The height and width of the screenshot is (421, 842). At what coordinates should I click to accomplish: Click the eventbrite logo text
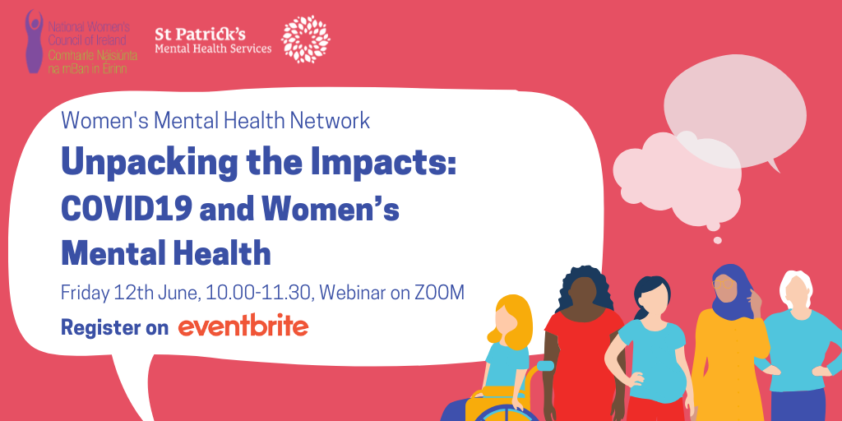[x=243, y=327]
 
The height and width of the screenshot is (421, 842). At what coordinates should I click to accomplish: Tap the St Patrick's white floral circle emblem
[x=306, y=39]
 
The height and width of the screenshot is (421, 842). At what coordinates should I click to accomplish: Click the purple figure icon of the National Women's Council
[x=35, y=41]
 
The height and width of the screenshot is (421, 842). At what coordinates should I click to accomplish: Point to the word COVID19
[x=126, y=209]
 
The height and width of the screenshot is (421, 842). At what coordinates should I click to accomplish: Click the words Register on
[x=114, y=327]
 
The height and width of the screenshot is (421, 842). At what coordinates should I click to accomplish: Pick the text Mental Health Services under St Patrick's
[x=213, y=49]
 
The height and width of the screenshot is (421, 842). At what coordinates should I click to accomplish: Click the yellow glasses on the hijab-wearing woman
[x=722, y=283]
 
